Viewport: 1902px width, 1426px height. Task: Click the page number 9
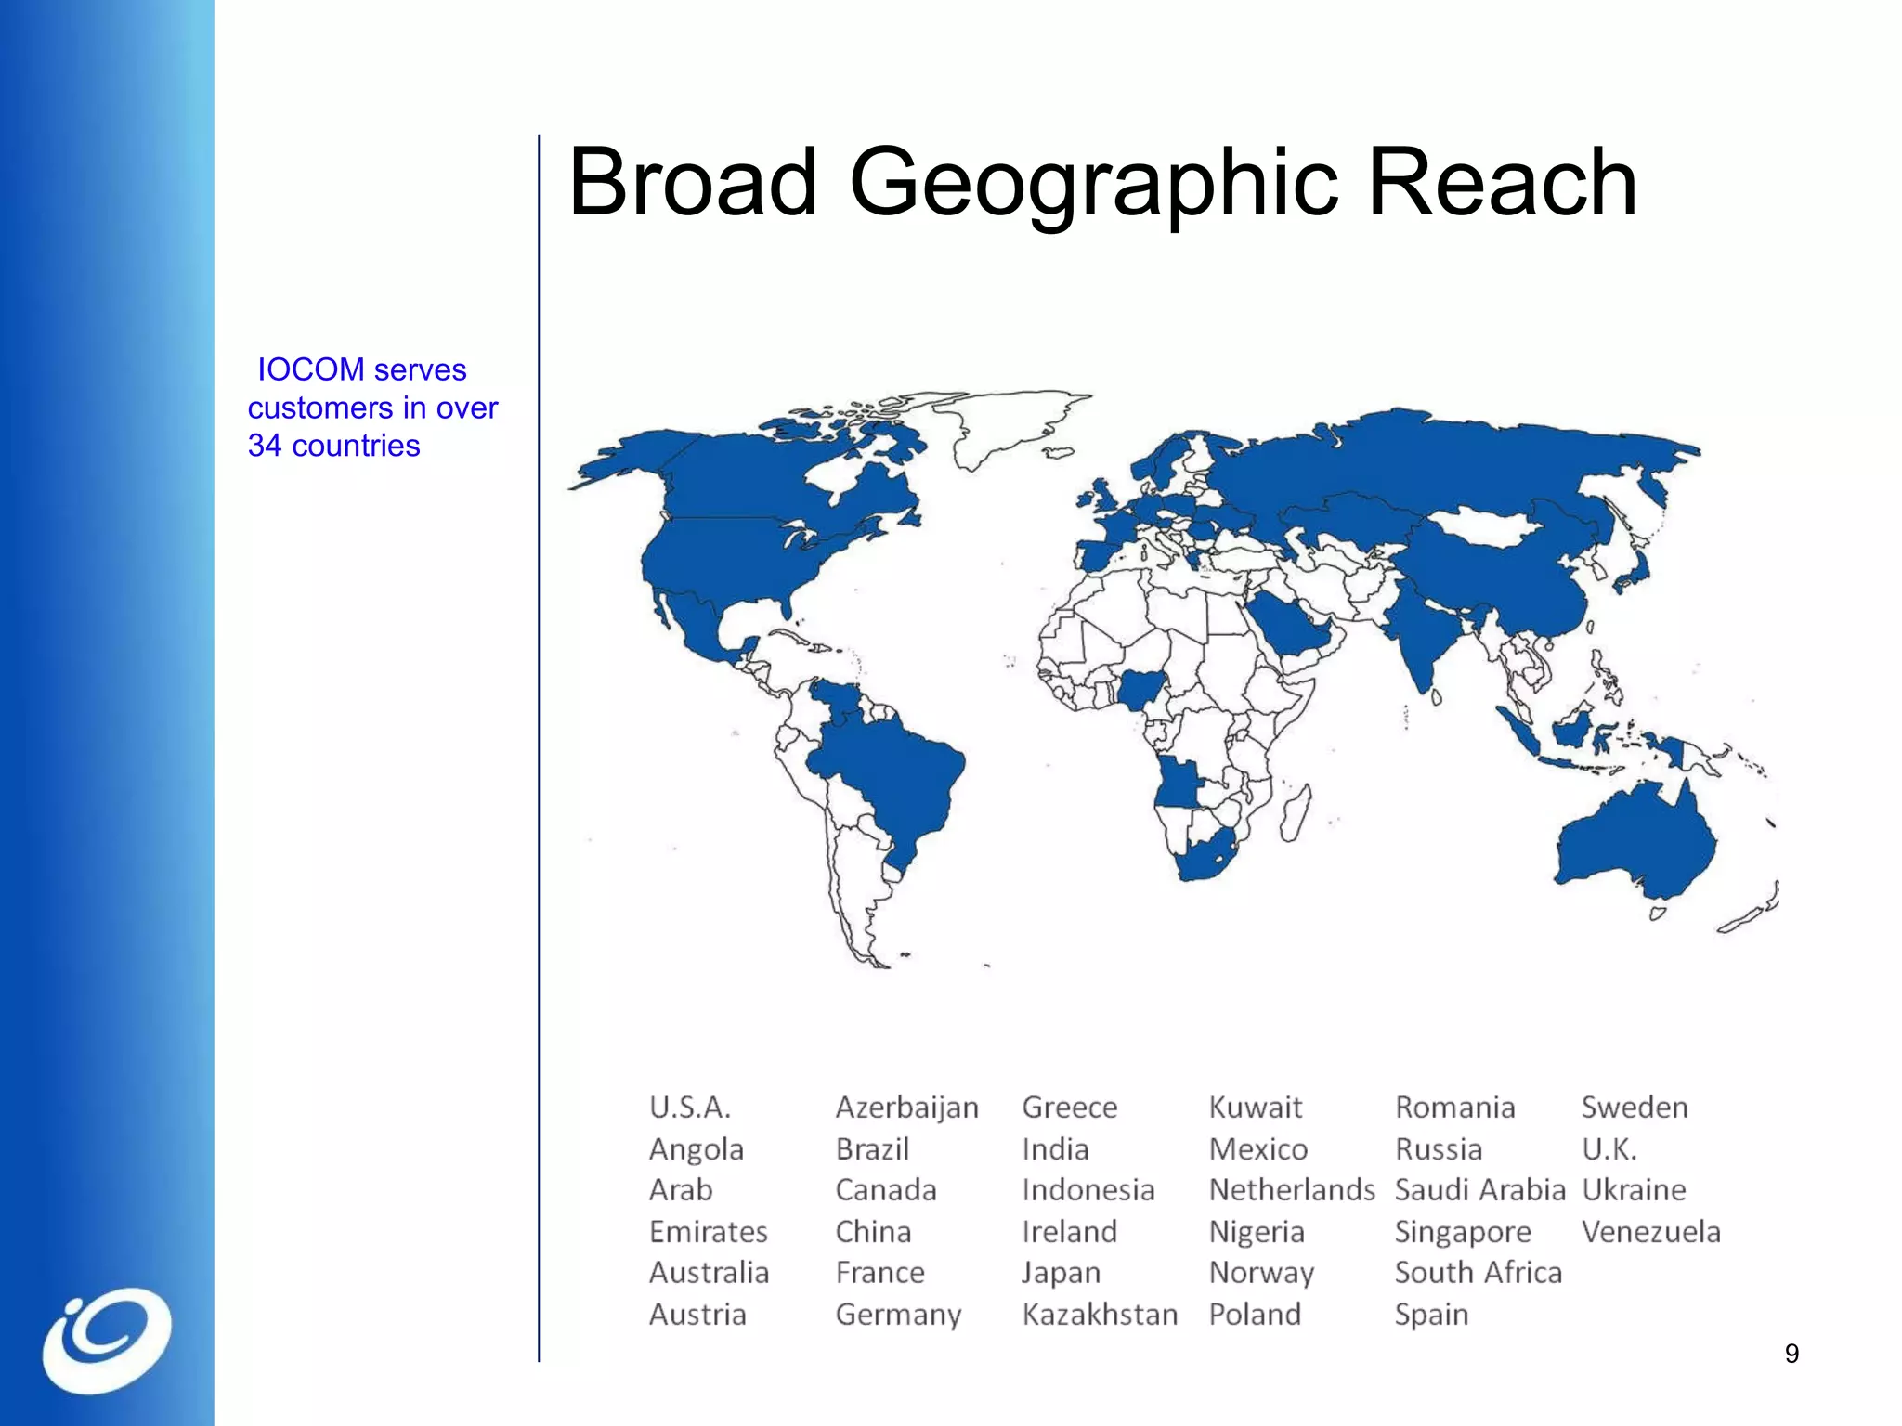click(1791, 1354)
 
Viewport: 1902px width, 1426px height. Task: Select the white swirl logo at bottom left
click(107, 1340)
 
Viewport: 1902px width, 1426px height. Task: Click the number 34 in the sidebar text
click(265, 446)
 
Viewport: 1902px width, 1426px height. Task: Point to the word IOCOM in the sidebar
click(310, 369)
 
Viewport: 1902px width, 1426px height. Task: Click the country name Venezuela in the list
click(1650, 1232)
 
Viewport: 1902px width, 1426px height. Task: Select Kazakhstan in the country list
click(1100, 1315)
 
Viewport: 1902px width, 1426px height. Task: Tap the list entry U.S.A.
click(690, 1108)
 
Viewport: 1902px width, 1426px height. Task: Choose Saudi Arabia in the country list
click(1479, 1190)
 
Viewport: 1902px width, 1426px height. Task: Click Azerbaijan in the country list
click(906, 1108)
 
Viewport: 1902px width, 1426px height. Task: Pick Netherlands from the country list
click(1291, 1190)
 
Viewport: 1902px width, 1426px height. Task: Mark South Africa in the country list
click(1478, 1273)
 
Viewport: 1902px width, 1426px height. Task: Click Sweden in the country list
click(1634, 1108)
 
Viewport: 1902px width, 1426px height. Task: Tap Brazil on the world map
click(892, 771)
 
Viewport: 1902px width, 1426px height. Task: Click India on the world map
click(1421, 631)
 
